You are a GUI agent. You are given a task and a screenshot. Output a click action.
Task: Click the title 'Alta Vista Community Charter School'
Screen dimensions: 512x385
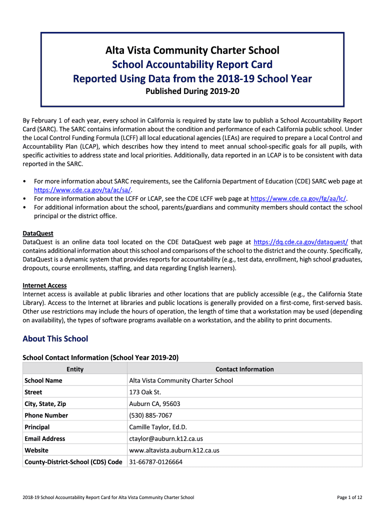(x=192, y=50)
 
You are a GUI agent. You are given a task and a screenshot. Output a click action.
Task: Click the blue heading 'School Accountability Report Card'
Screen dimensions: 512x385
(x=192, y=64)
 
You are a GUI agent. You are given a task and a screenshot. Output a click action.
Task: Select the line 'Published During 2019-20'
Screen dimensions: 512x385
(x=192, y=91)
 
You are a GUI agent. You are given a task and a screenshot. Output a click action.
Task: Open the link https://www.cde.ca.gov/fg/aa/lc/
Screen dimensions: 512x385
(x=298, y=198)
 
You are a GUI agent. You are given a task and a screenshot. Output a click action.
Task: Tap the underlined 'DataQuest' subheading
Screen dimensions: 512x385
(x=38, y=233)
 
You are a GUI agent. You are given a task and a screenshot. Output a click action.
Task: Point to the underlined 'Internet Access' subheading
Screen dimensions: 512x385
(x=44, y=285)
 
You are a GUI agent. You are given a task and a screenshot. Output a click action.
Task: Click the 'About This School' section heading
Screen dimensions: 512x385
(x=55, y=339)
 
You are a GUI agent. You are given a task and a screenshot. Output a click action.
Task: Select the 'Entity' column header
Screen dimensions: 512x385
(x=75, y=369)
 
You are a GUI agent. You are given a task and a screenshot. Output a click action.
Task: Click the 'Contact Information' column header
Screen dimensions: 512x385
(x=244, y=369)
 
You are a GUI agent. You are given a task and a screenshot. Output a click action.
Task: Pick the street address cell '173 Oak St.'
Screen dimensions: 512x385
(x=145, y=392)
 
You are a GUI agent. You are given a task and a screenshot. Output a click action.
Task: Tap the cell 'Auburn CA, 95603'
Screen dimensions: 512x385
(x=154, y=404)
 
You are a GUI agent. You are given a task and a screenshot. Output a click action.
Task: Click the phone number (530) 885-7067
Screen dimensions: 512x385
(x=150, y=415)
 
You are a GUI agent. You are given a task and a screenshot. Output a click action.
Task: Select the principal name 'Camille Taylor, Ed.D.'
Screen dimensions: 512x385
(x=158, y=427)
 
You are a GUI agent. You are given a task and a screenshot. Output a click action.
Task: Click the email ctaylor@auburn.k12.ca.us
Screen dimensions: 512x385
(x=166, y=438)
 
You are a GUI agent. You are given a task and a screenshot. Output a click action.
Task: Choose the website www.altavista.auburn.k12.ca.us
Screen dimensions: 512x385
(x=174, y=450)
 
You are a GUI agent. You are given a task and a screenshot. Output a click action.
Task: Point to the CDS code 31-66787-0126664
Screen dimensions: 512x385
(x=155, y=462)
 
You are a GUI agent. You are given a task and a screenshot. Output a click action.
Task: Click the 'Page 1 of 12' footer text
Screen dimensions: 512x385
(x=349, y=497)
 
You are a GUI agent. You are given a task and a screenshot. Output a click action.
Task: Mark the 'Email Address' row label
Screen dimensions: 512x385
(x=44, y=438)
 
